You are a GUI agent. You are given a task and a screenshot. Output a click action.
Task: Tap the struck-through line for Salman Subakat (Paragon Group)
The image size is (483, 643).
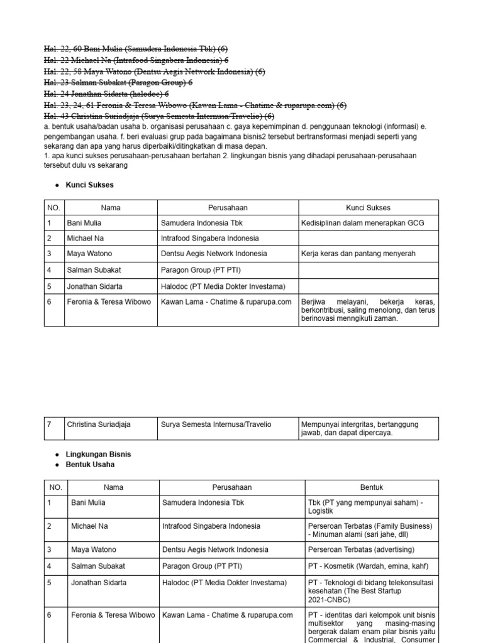point(118,82)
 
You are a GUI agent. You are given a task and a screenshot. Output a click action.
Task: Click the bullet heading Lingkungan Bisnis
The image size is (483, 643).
point(98,454)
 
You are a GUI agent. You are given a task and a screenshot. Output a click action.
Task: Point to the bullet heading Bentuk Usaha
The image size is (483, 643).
point(90,465)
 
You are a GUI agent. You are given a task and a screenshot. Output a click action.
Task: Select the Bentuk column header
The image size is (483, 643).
point(371,487)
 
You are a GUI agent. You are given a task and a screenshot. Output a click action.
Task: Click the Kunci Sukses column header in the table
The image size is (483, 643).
point(368,207)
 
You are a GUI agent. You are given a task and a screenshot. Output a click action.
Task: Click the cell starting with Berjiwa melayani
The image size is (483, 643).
point(368,310)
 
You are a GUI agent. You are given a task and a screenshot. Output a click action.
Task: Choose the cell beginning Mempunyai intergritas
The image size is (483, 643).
point(368,428)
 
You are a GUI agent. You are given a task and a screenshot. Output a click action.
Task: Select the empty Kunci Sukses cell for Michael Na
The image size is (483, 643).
point(368,239)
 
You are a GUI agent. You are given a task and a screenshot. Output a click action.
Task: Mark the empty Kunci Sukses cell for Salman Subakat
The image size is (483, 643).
point(368,271)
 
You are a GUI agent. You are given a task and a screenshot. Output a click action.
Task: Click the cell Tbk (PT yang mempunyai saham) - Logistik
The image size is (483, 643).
point(371,507)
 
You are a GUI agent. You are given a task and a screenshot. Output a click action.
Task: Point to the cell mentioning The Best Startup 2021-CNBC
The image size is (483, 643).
point(371,591)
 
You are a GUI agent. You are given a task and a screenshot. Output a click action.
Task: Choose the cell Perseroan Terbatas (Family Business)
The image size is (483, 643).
point(371,529)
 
